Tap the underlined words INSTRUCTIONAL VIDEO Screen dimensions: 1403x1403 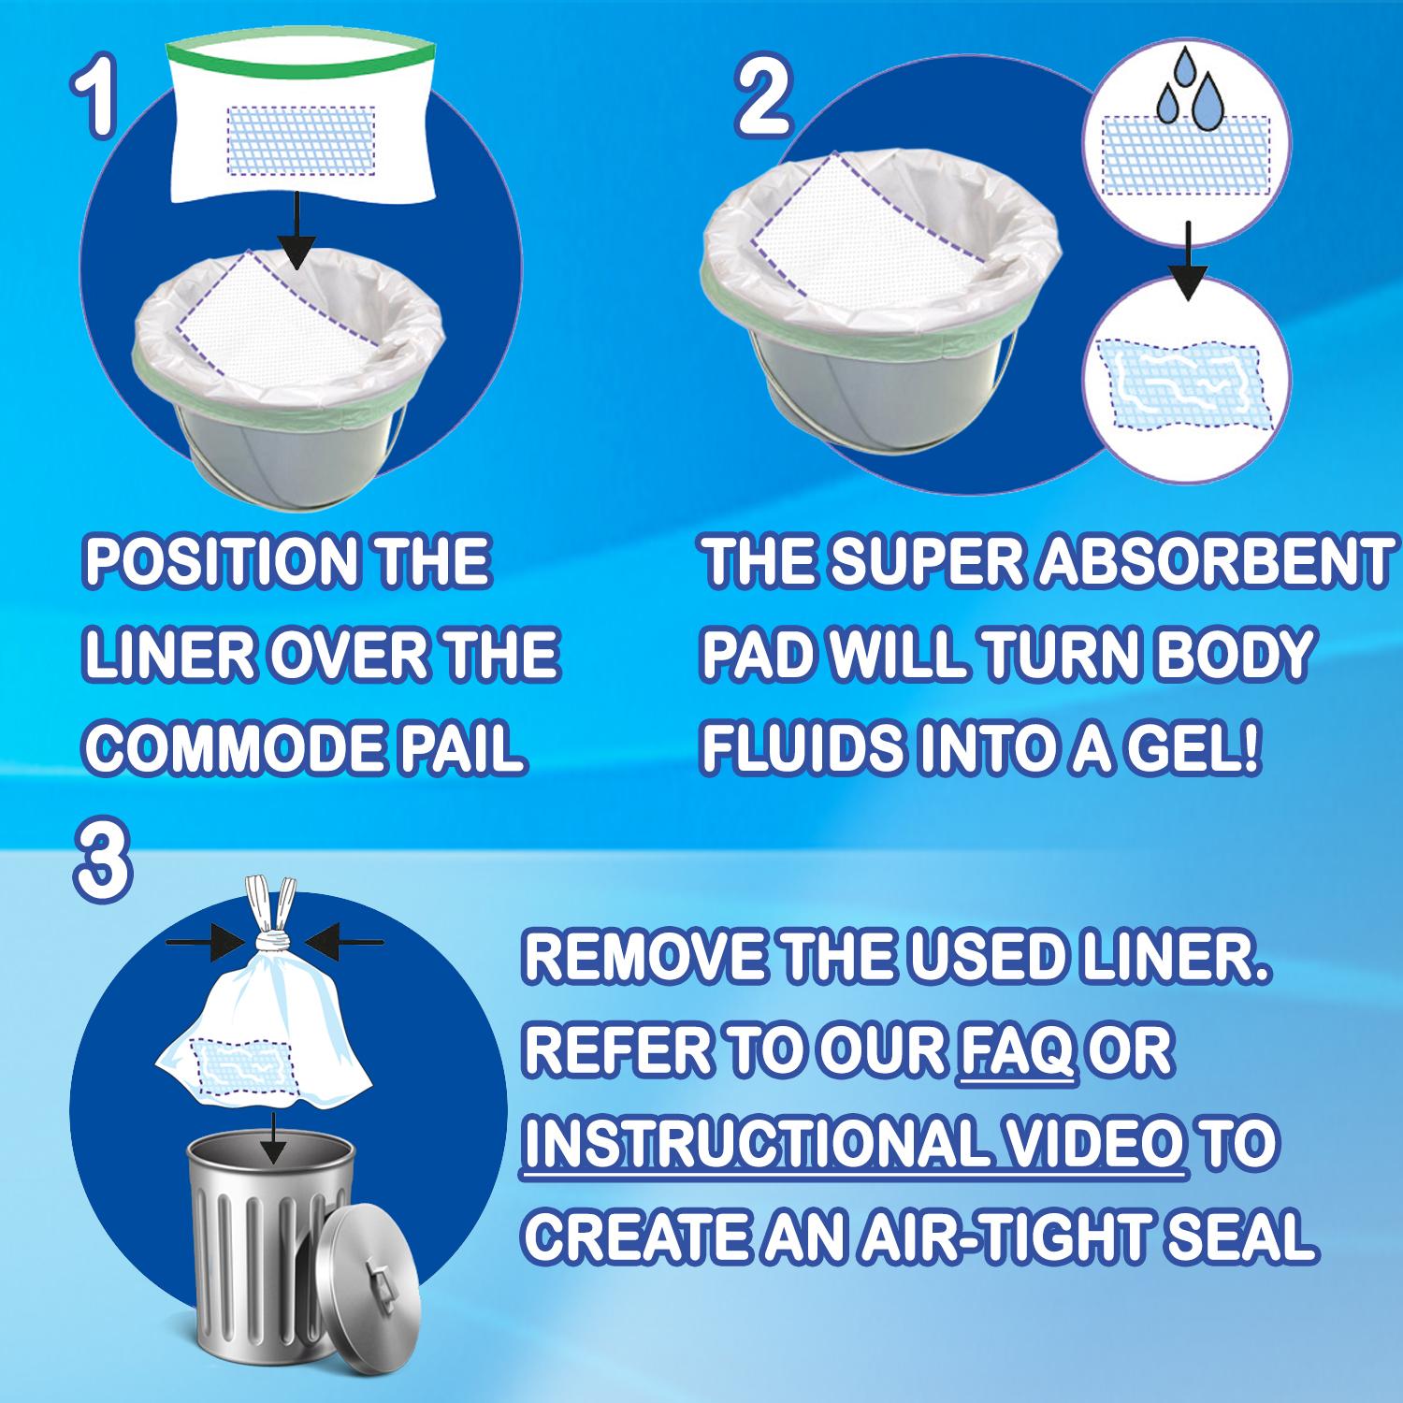point(855,1144)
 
